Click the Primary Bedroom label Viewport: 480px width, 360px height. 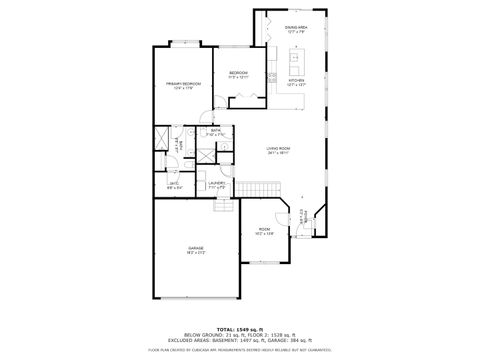click(x=185, y=85)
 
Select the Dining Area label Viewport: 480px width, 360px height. click(x=296, y=28)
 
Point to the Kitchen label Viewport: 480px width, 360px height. click(x=296, y=81)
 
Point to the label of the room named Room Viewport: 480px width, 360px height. click(x=264, y=231)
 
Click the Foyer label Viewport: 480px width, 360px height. click(x=302, y=214)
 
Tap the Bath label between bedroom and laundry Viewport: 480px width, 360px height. click(x=216, y=131)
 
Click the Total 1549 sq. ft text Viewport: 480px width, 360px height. click(x=240, y=328)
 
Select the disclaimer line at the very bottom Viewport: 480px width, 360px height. click(x=240, y=350)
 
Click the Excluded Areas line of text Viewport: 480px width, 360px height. click(x=240, y=341)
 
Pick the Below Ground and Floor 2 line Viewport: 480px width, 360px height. click(x=240, y=335)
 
